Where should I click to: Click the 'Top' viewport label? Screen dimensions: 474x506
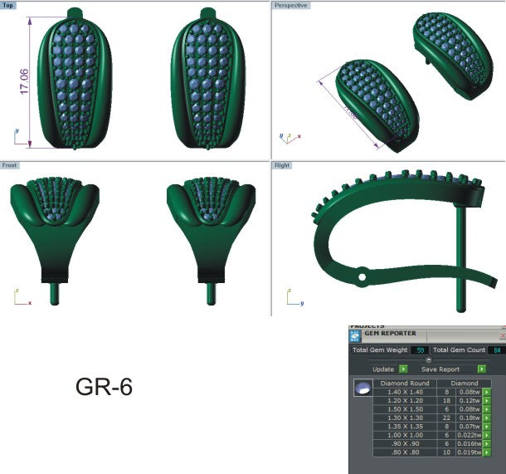tap(8, 5)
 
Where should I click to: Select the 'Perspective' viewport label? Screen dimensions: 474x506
tap(291, 5)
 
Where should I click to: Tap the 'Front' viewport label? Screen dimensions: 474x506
tap(10, 166)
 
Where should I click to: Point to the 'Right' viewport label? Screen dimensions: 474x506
tap(283, 166)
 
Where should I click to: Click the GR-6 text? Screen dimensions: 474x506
tap(104, 387)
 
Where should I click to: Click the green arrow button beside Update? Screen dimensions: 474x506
tap(403, 369)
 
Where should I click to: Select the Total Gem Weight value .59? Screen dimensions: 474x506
tap(421, 350)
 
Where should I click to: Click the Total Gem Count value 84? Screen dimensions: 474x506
tap(496, 350)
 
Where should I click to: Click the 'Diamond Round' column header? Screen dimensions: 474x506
tap(404, 383)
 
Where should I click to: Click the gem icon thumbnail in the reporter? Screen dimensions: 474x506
tap(362, 388)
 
